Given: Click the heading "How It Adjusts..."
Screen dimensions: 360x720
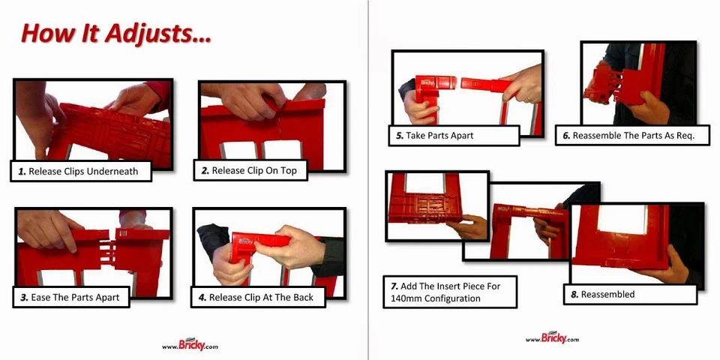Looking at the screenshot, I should (115, 34).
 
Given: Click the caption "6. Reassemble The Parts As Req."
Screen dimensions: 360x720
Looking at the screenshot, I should (632, 136).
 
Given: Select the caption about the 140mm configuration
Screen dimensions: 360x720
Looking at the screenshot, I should (451, 292).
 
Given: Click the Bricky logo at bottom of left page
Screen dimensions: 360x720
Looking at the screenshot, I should (190, 345).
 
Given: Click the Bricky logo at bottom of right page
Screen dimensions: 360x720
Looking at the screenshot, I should (552, 338).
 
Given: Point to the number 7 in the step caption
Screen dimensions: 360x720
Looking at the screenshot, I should (394, 286).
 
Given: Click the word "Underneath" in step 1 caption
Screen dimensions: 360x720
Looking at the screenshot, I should (112, 172).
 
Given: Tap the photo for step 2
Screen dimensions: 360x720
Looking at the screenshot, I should (271, 120).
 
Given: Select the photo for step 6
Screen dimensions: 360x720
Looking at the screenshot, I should (637, 82).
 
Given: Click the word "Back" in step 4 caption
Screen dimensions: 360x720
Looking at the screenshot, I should (303, 298).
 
